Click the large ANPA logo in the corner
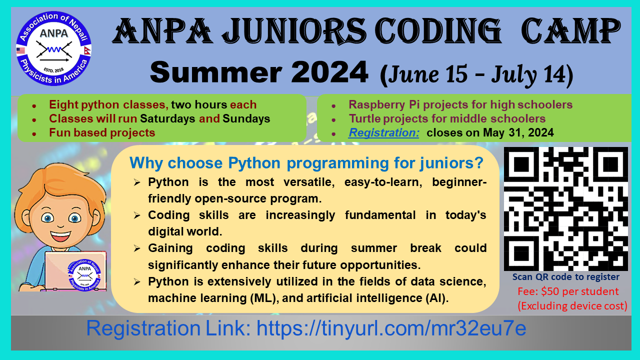pyautogui.click(x=53, y=48)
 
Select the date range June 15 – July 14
pyautogui.click(x=476, y=74)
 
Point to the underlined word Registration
pyautogui.click(x=383, y=132)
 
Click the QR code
pyautogui.click(x=565, y=208)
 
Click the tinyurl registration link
pyautogui.click(x=391, y=328)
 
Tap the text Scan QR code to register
pyautogui.click(x=565, y=277)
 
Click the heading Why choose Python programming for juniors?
pyautogui.click(x=306, y=163)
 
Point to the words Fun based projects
pyautogui.click(x=102, y=132)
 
